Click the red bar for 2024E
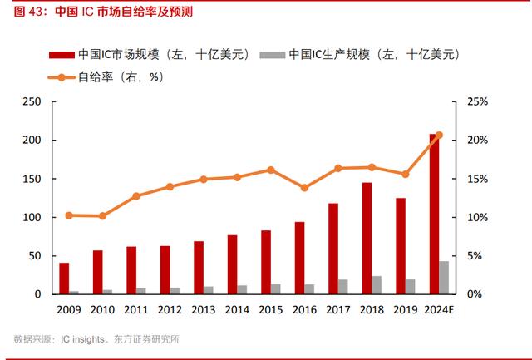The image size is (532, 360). [x=434, y=215]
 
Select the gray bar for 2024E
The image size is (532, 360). [x=444, y=278]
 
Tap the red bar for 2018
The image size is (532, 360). [x=367, y=238]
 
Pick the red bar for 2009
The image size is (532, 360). [x=64, y=279]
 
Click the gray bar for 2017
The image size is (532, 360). [x=343, y=287]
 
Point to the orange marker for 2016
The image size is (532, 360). [x=304, y=188]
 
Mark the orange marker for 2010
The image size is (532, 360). [x=102, y=216]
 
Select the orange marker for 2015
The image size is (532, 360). [x=271, y=170]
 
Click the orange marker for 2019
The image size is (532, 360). [x=405, y=175]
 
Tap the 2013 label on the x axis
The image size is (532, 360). [x=204, y=310]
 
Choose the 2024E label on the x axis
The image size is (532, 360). [x=439, y=310]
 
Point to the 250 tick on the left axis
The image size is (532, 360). [x=32, y=101]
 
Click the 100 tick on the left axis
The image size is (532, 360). [x=32, y=217]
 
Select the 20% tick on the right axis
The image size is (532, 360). [x=477, y=140]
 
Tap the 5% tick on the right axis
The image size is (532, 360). [x=475, y=256]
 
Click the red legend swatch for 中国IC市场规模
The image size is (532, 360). [x=62, y=55]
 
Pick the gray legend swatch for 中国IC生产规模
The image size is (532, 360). [x=273, y=55]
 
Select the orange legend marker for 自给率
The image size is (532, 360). [x=62, y=77]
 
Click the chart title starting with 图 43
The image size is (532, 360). [x=103, y=12]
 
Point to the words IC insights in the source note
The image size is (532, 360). [x=82, y=339]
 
